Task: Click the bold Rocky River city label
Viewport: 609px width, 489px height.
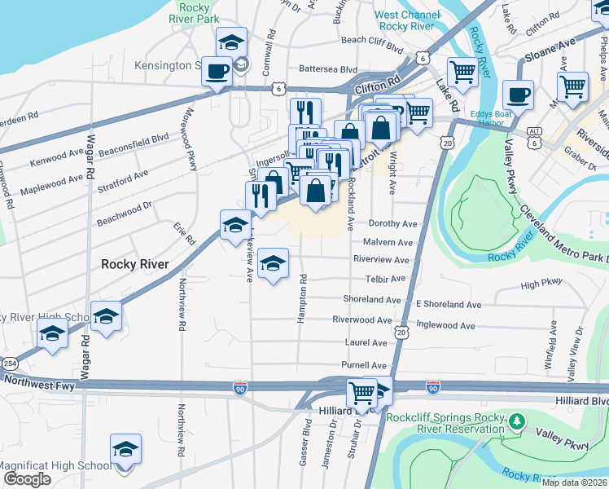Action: (134, 264)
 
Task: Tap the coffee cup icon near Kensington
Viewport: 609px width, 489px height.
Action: (217, 71)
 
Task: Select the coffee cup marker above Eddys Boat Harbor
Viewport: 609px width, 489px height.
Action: (517, 95)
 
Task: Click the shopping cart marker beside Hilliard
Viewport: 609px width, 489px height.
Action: (361, 393)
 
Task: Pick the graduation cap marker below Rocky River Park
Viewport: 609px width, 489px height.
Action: (231, 42)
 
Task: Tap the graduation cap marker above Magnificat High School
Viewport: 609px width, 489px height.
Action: (125, 449)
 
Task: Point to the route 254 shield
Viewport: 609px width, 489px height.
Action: (9, 362)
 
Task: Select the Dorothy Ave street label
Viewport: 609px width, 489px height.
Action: (392, 223)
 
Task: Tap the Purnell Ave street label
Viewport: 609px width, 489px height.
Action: (365, 365)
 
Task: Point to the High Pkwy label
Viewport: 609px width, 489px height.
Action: (541, 284)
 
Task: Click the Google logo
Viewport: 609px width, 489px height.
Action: (27, 479)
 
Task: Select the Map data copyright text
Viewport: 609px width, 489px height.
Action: (575, 482)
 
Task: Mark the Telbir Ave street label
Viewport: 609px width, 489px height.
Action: (385, 279)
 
